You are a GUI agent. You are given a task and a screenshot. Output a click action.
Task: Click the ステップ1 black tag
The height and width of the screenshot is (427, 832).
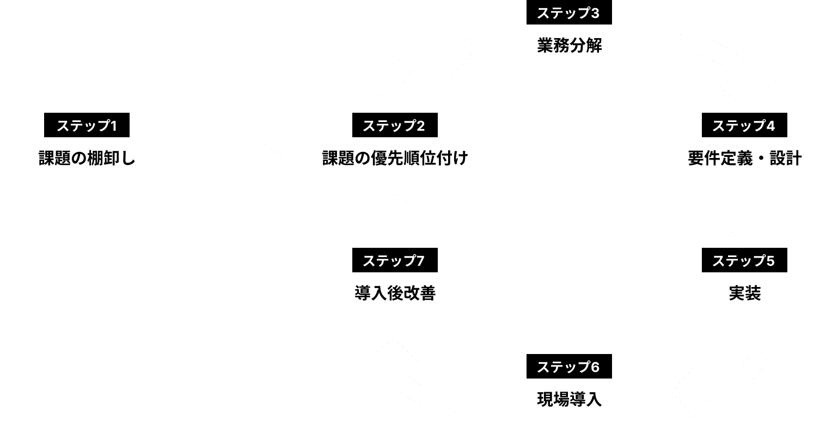point(87,125)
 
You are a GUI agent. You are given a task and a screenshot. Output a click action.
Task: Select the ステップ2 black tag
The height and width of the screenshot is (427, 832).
point(394,125)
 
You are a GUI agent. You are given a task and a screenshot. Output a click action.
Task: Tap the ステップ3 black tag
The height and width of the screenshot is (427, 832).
point(568,14)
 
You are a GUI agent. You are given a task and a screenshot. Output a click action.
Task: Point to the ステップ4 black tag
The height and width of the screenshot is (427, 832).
point(744,125)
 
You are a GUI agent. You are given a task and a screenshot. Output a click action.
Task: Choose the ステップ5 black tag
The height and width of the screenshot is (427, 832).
point(744,260)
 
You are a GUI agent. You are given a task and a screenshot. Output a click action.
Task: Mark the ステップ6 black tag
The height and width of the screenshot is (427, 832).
point(568,367)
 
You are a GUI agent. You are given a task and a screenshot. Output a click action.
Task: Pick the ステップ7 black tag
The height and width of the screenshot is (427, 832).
point(394,260)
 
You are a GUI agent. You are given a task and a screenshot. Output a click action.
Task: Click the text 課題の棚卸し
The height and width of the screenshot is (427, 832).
point(87,158)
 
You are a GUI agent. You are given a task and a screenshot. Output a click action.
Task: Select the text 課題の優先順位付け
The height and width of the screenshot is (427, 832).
point(394,158)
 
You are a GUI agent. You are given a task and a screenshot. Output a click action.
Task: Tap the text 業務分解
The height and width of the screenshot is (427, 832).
point(568,46)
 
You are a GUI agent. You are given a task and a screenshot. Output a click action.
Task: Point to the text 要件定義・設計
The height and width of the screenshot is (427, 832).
point(744,158)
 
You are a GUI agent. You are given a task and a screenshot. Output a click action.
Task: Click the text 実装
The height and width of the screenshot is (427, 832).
point(744,294)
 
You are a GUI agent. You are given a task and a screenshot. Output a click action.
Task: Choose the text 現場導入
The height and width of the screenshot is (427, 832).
point(568,400)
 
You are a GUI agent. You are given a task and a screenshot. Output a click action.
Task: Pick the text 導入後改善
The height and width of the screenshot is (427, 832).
point(394,294)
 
